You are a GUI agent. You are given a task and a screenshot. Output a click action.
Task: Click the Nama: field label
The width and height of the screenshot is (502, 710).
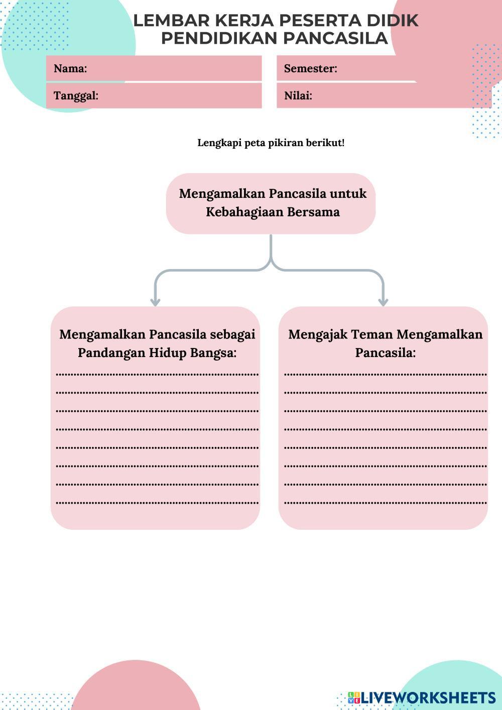click(70, 69)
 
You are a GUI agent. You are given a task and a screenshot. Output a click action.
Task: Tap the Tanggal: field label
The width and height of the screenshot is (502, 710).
click(76, 96)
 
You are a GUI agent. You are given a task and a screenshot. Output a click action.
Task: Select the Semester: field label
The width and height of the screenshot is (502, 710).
click(310, 69)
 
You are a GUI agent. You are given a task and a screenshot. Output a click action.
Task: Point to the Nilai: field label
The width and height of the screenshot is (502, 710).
click(298, 96)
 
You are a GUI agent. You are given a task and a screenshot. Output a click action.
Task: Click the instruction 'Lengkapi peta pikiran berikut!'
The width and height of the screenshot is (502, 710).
click(271, 143)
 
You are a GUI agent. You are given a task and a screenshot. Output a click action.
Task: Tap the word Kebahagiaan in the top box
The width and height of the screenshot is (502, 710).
click(244, 212)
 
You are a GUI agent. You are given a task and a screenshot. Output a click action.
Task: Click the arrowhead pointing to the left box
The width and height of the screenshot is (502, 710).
click(155, 302)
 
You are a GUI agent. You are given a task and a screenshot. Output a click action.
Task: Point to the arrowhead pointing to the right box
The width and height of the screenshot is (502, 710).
click(383, 302)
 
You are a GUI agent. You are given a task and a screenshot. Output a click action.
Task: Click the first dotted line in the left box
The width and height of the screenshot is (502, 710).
click(157, 374)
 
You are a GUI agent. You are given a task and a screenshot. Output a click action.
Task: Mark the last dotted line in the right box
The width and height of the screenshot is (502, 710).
click(385, 502)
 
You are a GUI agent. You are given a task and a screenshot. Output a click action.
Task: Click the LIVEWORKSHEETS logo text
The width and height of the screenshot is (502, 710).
click(428, 697)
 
